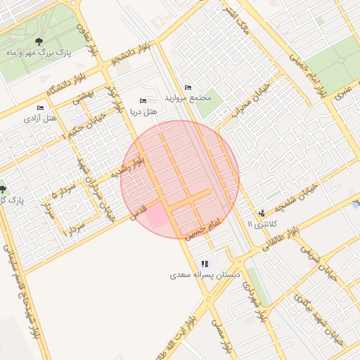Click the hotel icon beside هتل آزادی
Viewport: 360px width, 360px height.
(40, 108)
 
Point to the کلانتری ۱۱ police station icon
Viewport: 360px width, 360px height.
(262, 213)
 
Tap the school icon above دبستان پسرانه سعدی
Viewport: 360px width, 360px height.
(205, 264)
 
